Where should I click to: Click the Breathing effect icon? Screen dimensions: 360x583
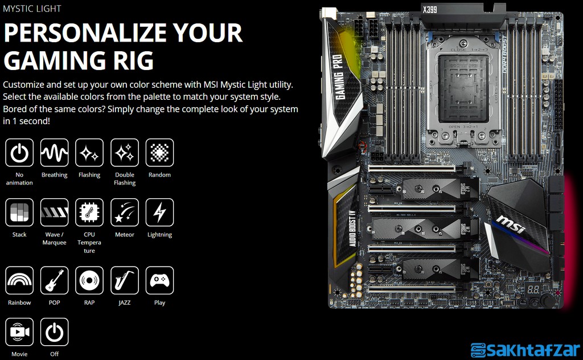pos(54,153)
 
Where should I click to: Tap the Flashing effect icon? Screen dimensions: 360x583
pos(89,153)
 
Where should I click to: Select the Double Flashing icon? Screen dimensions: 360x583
pos(125,153)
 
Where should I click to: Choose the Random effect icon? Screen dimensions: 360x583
pos(160,153)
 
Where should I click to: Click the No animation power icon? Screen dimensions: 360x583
pos(19,153)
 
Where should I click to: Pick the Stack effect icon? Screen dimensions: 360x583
pos(19,212)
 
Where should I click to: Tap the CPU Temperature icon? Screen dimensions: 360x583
pos(89,212)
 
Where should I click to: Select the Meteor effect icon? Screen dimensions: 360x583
pos(125,212)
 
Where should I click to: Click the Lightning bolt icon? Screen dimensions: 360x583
pos(160,212)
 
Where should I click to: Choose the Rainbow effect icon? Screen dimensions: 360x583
pos(19,280)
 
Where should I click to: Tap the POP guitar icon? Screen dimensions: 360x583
pos(54,280)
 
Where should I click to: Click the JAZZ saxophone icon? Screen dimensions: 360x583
pos(125,280)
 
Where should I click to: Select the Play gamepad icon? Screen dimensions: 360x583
pos(160,280)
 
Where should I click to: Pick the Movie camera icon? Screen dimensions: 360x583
pos(19,332)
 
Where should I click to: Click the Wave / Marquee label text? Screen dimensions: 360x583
pos(54,239)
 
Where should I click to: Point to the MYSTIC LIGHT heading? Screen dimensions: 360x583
pos(32,9)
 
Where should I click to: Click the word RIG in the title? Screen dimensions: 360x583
pos(129,60)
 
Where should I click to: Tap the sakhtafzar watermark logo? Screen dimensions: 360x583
pos(524,349)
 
